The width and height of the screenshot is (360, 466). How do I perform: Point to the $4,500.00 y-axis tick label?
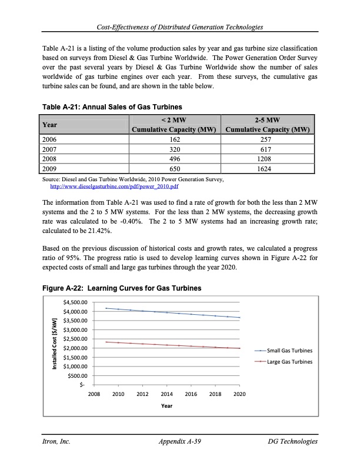coord(74,302)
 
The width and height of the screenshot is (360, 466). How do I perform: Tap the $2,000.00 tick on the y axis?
coord(74,348)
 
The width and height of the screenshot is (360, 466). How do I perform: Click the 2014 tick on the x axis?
coord(166,394)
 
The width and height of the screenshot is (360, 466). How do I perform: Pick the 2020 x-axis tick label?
coord(239,394)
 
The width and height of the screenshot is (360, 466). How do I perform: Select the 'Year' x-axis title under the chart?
coord(166,406)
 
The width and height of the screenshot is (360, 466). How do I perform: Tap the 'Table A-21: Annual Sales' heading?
coord(112,106)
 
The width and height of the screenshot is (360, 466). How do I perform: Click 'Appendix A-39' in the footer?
coord(181,441)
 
